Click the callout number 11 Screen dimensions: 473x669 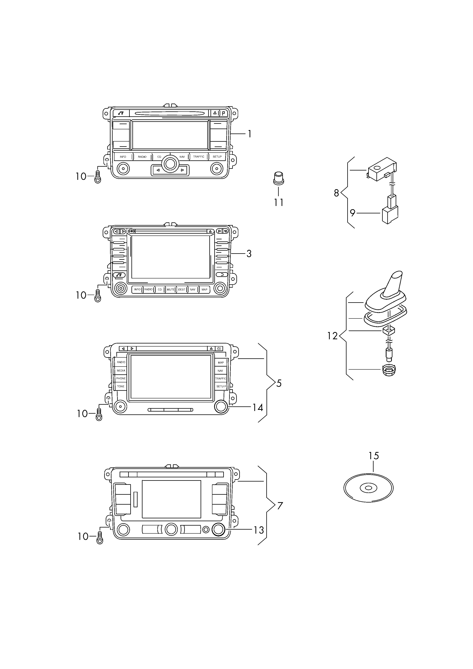(279, 202)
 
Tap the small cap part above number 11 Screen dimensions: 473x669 (279, 178)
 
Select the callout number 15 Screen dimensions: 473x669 (374, 456)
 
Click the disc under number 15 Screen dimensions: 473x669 (368, 488)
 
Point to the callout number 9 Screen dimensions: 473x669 (353, 213)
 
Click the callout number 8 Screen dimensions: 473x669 (336, 193)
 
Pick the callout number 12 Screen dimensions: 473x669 (332, 336)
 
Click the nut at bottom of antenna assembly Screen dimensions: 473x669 (388, 370)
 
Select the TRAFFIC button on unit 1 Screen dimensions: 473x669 (199, 157)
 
